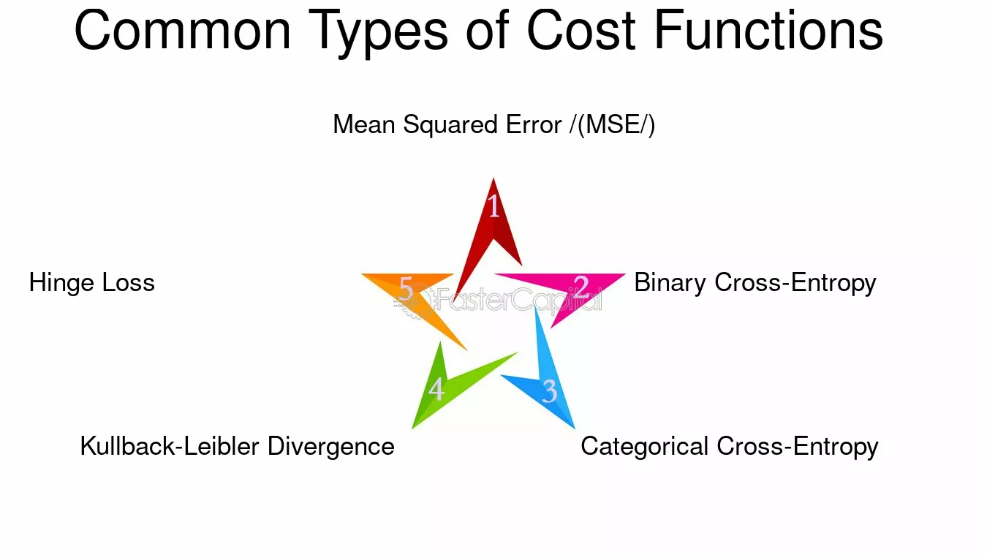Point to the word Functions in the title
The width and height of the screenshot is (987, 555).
(x=768, y=30)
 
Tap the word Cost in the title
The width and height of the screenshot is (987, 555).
(x=581, y=30)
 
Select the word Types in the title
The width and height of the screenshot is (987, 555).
(x=378, y=34)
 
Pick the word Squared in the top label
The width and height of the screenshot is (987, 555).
(x=450, y=125)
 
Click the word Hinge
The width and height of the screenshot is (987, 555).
(x=61, y=283)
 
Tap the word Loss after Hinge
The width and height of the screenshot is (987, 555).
(x=128, y=282)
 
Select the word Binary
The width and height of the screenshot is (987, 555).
(x=670, y=283)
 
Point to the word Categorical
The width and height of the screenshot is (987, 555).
(x=644, y=447)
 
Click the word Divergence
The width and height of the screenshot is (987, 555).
(x=331, y=447)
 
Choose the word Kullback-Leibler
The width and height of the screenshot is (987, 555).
(x=170, y=446)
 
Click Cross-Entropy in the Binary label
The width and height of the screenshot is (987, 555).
(x=795, y=283)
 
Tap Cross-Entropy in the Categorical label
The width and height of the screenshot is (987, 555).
(x=798, y=447)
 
